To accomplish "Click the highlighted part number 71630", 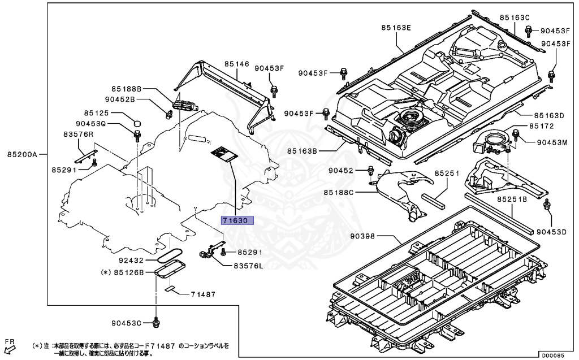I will [238, 220].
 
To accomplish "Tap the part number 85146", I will [236, 64].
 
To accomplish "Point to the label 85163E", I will [396, 27].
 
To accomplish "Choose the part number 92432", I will [132, 261].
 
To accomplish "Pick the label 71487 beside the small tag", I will [203, 294].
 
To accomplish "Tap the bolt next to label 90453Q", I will [137, 135].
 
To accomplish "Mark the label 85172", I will [542, 125].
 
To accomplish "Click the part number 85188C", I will [339, 193].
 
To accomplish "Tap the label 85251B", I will [512, 200].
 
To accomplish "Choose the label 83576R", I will [78, 134].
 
